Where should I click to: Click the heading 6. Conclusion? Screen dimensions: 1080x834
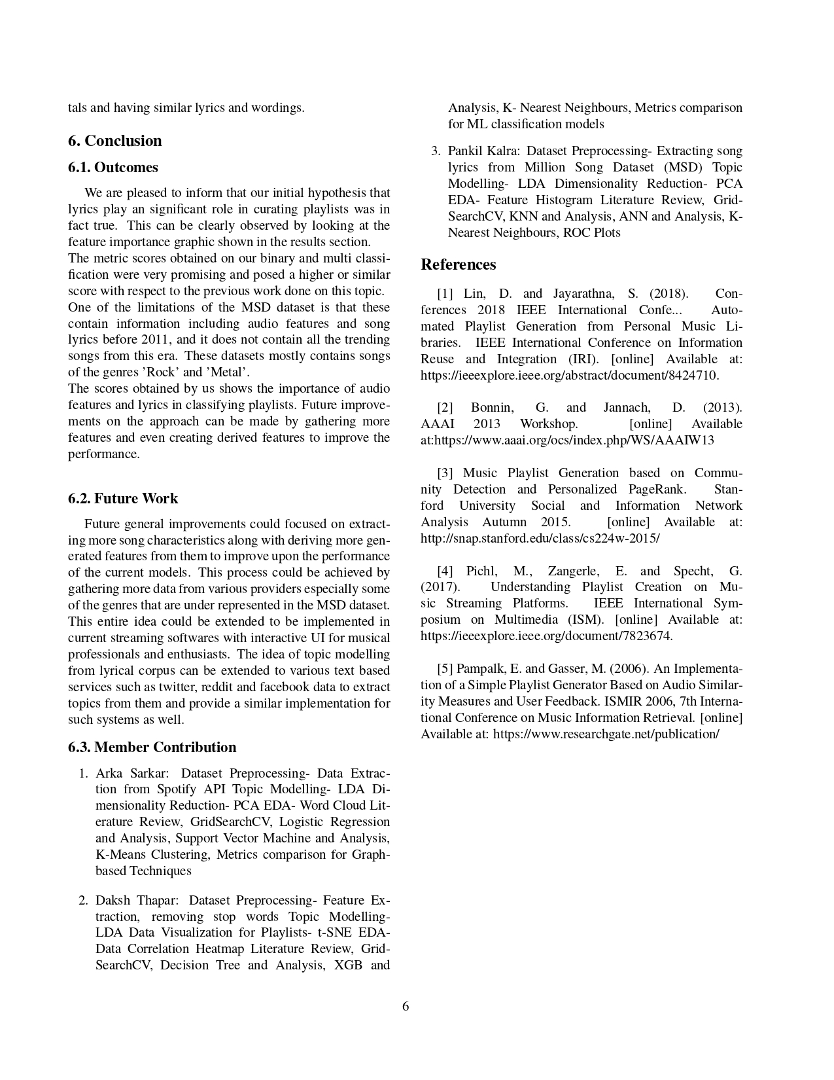(x=114, y=141)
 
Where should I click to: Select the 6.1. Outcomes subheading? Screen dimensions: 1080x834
(x=113, y=168)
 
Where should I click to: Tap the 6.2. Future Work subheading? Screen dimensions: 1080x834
(x=123, y=499)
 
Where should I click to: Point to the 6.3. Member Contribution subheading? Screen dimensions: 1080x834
(x=152, y=747)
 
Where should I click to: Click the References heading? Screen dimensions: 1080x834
(x=458, y=264)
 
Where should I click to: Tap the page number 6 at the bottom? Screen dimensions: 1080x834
(x=406, y=1007)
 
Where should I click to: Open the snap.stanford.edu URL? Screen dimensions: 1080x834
(x=540, y=538)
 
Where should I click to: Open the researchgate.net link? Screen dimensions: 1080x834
(x=606, y=734)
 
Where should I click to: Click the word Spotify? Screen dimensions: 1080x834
(x=176, y=789)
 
